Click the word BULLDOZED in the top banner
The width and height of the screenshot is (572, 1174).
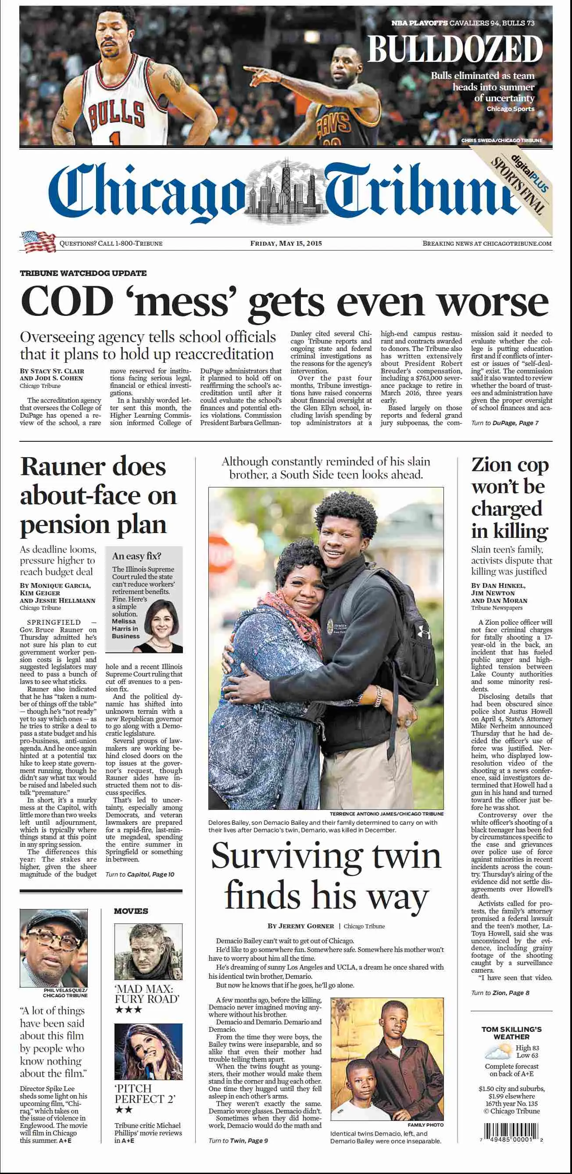click(455, 49)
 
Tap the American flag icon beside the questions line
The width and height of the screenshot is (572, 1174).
click(37, 242)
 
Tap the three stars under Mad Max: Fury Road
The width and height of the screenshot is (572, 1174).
click(128, 1009)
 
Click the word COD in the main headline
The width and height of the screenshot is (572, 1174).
click(67, 301)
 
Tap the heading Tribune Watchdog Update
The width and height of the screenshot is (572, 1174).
click(83, 273)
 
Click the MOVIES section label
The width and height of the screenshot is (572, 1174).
click(131, 911)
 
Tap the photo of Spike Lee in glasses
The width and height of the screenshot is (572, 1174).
click(54, 948)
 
